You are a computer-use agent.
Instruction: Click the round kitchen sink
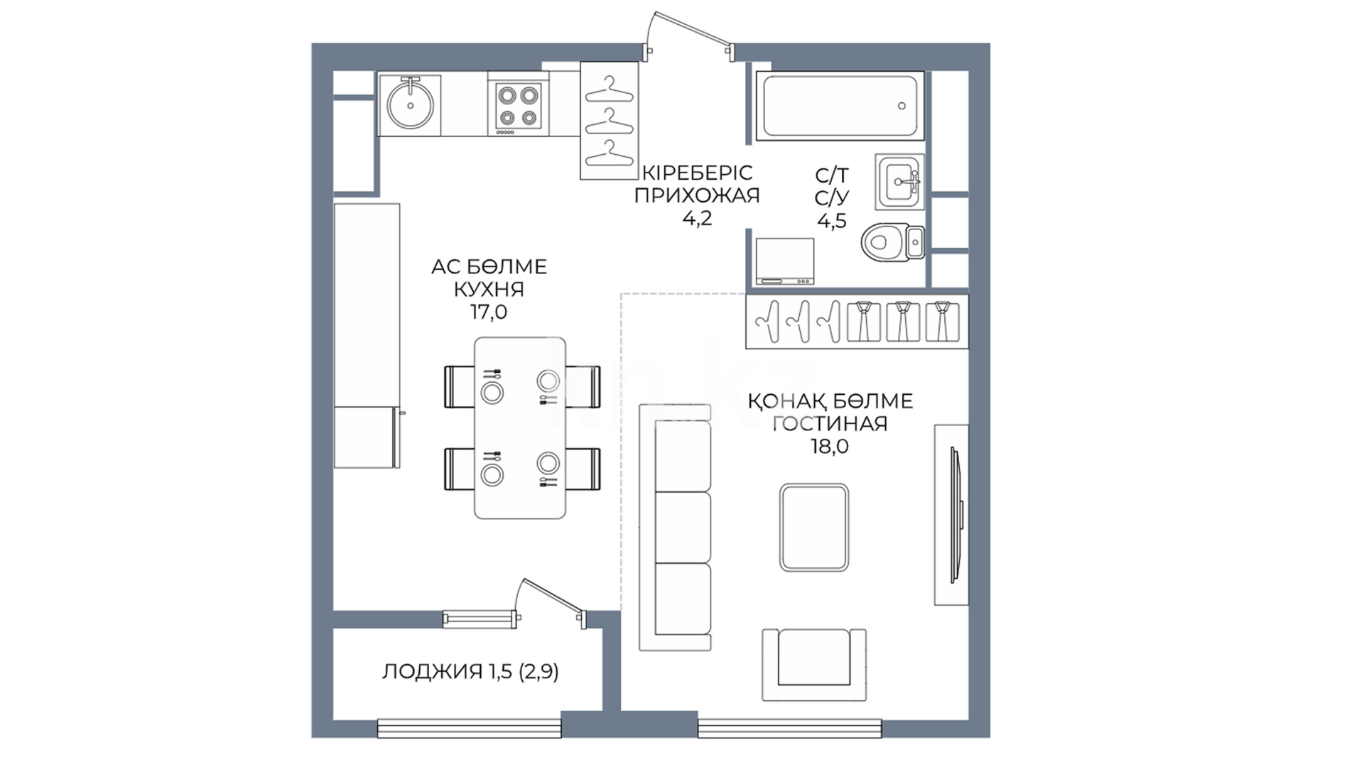pyautogui.click(x=410, y=104)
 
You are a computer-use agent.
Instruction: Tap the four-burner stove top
pyautogui.click(x=518, y=107)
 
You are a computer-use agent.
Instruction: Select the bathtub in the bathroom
pyautogui.click(x=839, y=106)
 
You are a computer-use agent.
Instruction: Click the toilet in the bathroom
pyautogui.click(x=893, y=242)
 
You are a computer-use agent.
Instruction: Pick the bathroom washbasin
pyautogui.click(x=899, y=181)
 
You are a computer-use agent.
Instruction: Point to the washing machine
pyautogui.click(x=784, y=261)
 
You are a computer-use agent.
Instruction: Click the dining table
pyautogui.click(x=520, y=428)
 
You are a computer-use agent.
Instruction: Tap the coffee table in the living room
pyautogui.click(x=814, y=527)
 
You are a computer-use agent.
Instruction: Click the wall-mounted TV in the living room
pyautogui.click(x=956, y=514)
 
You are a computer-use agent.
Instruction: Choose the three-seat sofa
pyautogui.click(x=675, y=527)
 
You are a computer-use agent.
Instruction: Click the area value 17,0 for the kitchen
pyautogui.click(x=489, y=312)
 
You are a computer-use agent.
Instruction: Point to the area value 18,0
pyautogui.click(x=830, y=446)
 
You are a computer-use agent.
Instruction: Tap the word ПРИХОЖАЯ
pyautogui.click(x=697, y=195)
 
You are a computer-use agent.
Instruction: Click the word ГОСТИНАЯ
pyautogui.click(x=830, y=423)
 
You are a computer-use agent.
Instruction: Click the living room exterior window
pyautogui.click(x=790, y=728)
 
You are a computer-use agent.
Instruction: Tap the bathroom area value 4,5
pyautogui.click(x=832, y=221)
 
